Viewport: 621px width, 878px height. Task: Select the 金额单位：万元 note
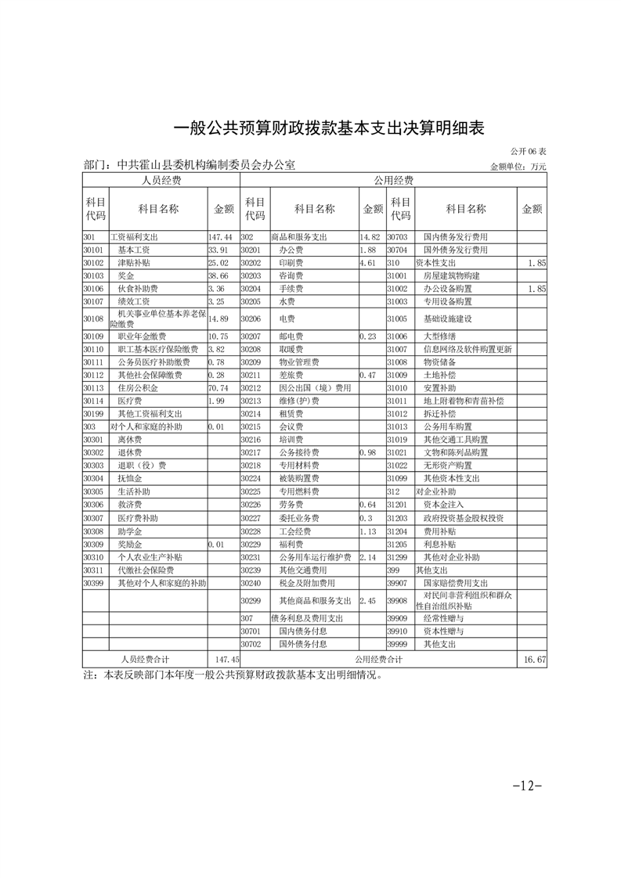pos(518,167)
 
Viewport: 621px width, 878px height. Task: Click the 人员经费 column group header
pos(161,181)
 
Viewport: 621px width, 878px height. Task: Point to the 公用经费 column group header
pos(393,181)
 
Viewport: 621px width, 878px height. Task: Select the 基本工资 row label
pos(135,250)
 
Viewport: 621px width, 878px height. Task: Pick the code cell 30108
pos(93,319)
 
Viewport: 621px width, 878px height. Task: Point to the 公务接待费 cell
pos(298,453)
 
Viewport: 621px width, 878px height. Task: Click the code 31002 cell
pos(399,289)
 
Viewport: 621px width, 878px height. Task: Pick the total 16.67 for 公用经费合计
pos(536,660)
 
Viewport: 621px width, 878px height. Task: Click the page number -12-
pos(527,785)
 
